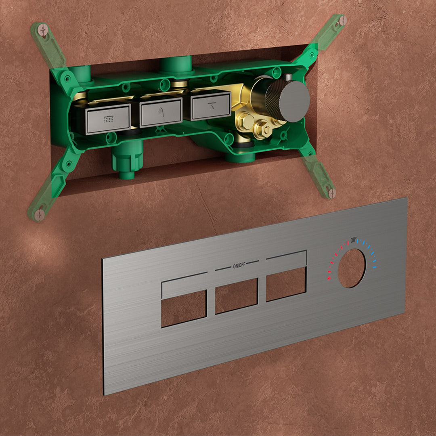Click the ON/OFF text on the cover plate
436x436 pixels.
click(239, 266)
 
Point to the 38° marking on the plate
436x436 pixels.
click(353, 240)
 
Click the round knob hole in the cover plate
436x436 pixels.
click(352, 268)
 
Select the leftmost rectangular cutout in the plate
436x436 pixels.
click(184, 308)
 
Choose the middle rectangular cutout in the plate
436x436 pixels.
click(236, 296)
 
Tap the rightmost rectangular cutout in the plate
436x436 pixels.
click(286, 284)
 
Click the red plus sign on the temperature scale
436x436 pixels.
click(329, 278)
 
